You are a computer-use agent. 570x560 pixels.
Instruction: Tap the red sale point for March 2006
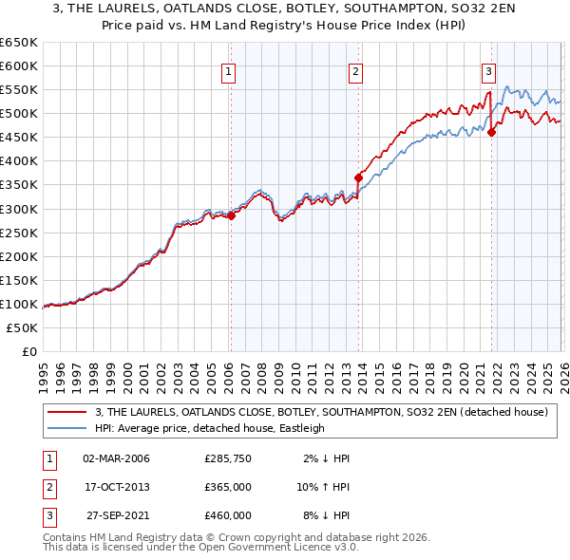pos(231,215)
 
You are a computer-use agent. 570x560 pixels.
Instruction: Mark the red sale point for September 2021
pos(492,132)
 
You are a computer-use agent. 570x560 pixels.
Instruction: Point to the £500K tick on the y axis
pos(19,113)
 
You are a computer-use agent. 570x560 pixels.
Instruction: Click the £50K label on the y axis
pos(22,327)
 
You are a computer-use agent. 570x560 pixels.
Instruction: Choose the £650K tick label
pos(19,43)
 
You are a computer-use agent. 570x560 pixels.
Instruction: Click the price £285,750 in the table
pos(228,458)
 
